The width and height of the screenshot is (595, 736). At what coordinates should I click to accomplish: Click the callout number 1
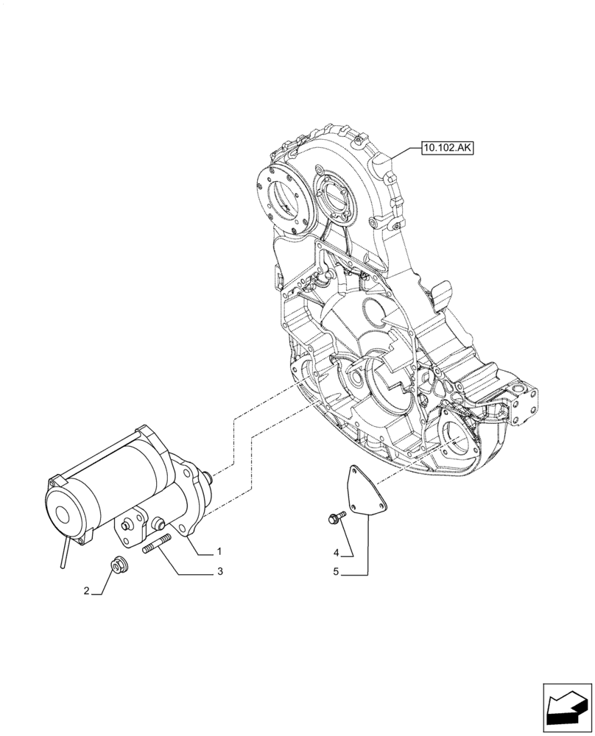click(x=219, y=551)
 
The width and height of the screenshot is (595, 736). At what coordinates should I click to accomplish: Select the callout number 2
click(x=86, y=591)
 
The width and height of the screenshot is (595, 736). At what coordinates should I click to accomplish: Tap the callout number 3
click(x=219, y=571)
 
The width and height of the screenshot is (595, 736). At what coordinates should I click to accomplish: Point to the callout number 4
click(x=336, y=552)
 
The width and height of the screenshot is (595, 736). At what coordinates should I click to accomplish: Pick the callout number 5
click(x=336, y=571)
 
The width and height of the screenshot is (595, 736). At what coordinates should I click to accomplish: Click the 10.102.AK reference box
click(x=447, y=148)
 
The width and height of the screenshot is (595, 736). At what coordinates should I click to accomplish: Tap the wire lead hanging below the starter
click(x=65, y=552)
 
